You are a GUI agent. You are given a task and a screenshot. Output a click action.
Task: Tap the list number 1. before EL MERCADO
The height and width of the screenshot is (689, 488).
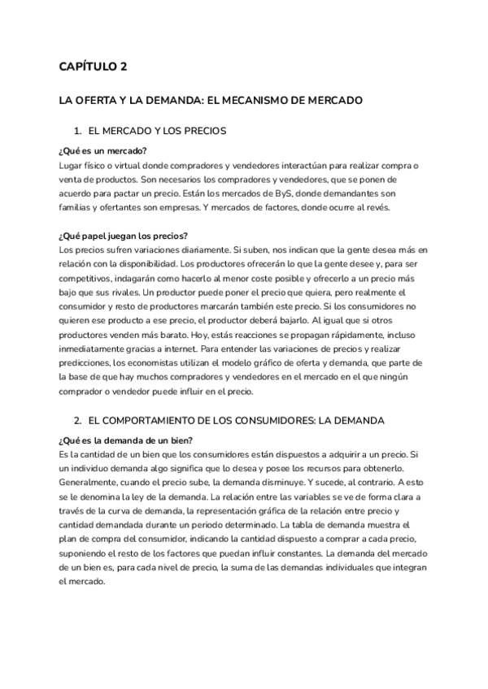[78, 131]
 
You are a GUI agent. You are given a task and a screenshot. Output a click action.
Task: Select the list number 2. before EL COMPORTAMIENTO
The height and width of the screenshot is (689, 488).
[78, 421]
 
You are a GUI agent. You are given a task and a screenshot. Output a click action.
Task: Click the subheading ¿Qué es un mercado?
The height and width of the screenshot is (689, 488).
[102, 151]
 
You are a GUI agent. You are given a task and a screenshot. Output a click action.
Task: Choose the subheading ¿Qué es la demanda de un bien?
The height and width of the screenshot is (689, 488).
[125, 440]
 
